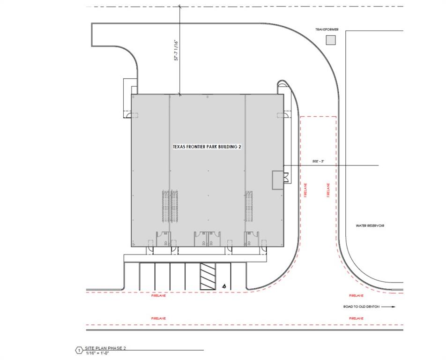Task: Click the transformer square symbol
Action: pyautogui.click(x=331, y=41)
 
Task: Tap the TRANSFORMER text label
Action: pyautogui.click(x=327, y=29)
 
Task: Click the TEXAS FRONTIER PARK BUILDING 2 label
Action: pyautogui.click(x=207, y=147)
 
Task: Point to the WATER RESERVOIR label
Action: pyautogui.click(x=370, y=226)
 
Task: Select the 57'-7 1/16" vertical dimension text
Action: pyautogui.click(x=177, y=50)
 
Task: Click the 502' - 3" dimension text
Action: pyautogui.click(x=319, y=161)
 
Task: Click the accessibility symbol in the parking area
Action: pyautogui.click(x=224, y=285)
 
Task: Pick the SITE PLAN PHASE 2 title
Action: pyautogui.click(x=105, y=348)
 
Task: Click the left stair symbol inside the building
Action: pyautogui.click(x=170, y=207)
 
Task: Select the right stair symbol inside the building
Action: pyautogui.click(x=249, y=207)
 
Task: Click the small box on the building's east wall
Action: pyautogui.click(x=278, y=180)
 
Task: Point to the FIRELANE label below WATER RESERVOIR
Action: pyautogui.click(x=356, y=296)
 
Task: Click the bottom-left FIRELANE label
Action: pyautogui.click(x=158, y=318)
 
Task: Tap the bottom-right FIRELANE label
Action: pyautogui.click(x=356, y=318)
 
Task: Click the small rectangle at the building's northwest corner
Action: pyautogui.click(x=127, y=88)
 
